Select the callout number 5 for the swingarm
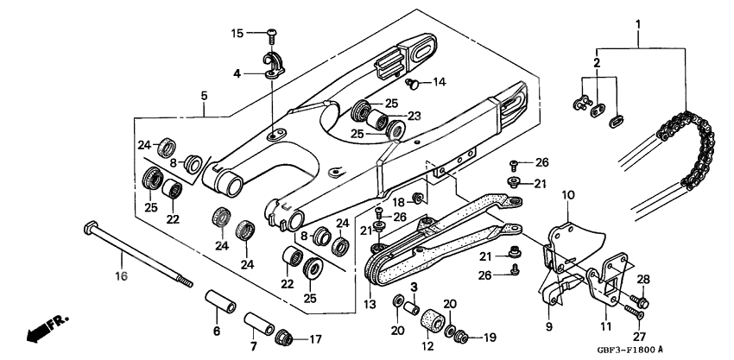coord(204,95)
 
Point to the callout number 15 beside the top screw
coord(237,34)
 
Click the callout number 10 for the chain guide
coord(568,195)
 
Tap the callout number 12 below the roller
coord(425,346)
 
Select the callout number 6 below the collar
coord(216,331)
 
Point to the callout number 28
coord(642,278)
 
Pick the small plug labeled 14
coord(413,84)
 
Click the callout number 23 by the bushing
coord(414,115)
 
